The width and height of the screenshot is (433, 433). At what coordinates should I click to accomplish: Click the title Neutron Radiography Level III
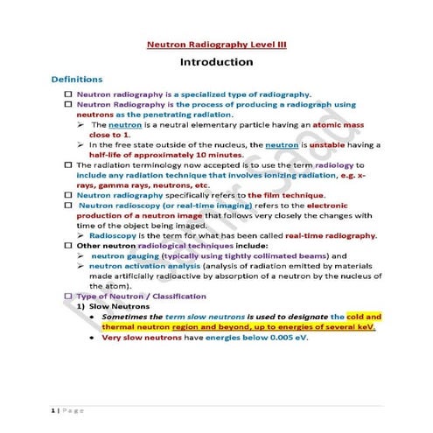(216, 43)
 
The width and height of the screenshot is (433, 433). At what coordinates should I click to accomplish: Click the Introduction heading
(216, 62)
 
